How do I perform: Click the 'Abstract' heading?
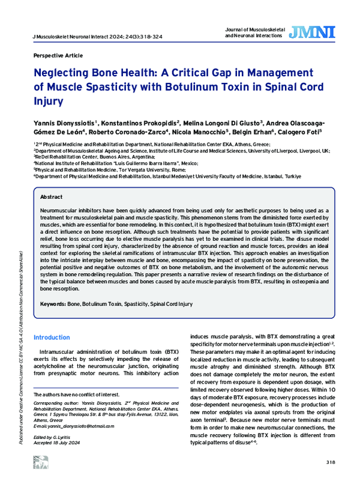point(51,197)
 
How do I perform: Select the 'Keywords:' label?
point(53,305)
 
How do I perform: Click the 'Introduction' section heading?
point(52,337)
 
